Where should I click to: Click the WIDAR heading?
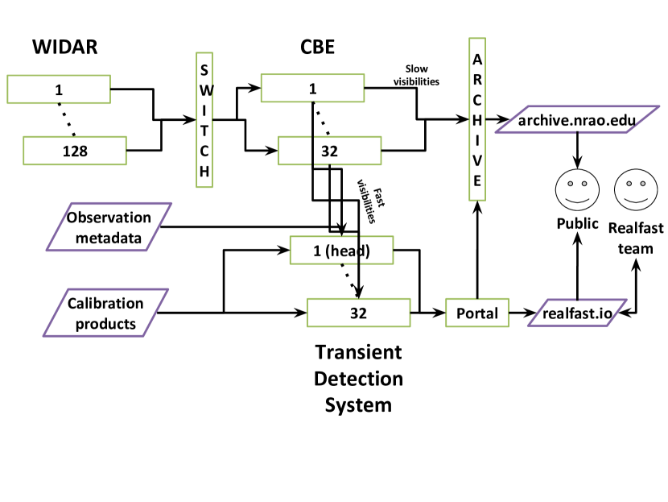coord(64,47)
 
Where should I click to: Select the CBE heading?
coord(317,47)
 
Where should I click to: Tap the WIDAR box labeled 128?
coord(75,151)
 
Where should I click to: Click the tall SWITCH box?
coord(204,120)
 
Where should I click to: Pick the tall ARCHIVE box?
coord(477,119)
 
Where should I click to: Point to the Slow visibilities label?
coord(416,75)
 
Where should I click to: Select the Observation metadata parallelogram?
coord(109,226)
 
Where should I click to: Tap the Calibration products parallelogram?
coord(105,313)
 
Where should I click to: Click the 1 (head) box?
coord(342,251)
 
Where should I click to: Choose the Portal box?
coord(477,313)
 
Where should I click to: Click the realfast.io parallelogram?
coord(577,313)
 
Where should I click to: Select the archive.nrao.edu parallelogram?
coord(577,119)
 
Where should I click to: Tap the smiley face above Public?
coord(577,190)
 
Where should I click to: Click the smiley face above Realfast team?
coord(636,190)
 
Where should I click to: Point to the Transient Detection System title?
coord(358,378)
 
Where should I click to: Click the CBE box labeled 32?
coord(330,151)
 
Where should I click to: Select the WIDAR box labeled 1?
coord(59,89)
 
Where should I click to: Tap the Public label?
coord(577,223)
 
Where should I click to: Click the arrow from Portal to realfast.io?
coord(522,313)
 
